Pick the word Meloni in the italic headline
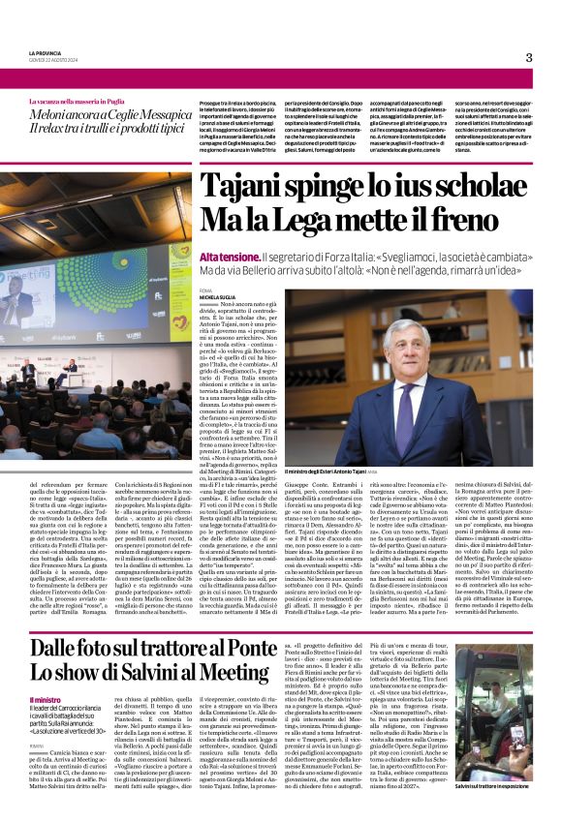coord(56,117)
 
